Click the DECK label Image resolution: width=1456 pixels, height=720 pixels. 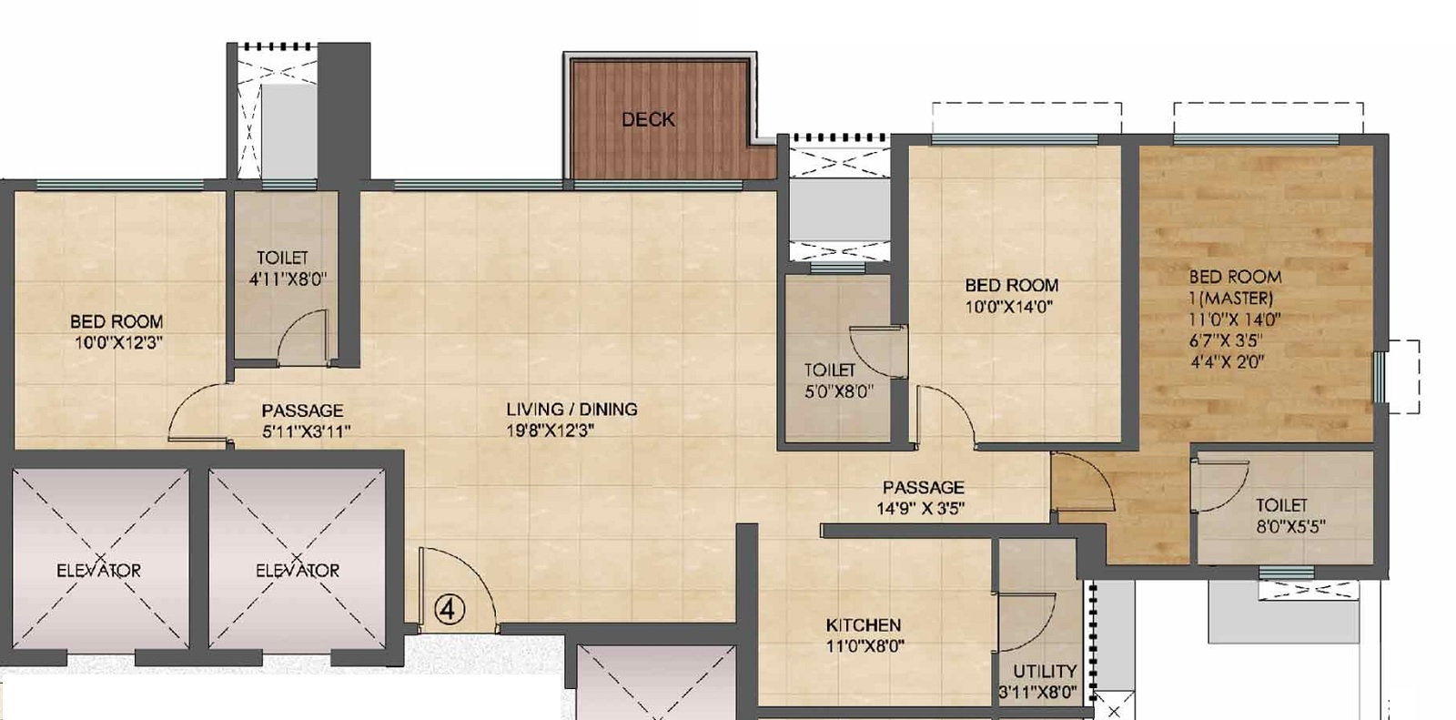[648, 119]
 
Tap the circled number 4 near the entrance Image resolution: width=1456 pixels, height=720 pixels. [448, 608]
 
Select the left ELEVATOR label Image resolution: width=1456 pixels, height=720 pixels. [98, 571]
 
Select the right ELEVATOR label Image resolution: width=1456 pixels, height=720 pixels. [298, 571]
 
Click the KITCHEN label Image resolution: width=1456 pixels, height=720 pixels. [863, 625]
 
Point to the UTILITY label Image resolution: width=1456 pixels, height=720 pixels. [1044, 672]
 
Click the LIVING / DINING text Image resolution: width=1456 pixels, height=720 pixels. [571, 410]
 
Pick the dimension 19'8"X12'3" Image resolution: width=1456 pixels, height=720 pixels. [551, 431]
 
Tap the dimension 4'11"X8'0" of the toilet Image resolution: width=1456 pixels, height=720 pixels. [288, 279]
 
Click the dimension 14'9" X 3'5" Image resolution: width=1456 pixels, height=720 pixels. [921, 509]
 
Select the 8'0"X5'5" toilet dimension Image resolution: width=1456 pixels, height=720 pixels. [1290, 526]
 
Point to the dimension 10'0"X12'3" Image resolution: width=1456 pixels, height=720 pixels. [119, 343]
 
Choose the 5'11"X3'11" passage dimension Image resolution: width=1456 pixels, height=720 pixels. [307, 431]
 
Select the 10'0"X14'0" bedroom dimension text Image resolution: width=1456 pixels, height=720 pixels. [1008, 308]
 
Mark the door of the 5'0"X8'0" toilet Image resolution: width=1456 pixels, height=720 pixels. [875, 350]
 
